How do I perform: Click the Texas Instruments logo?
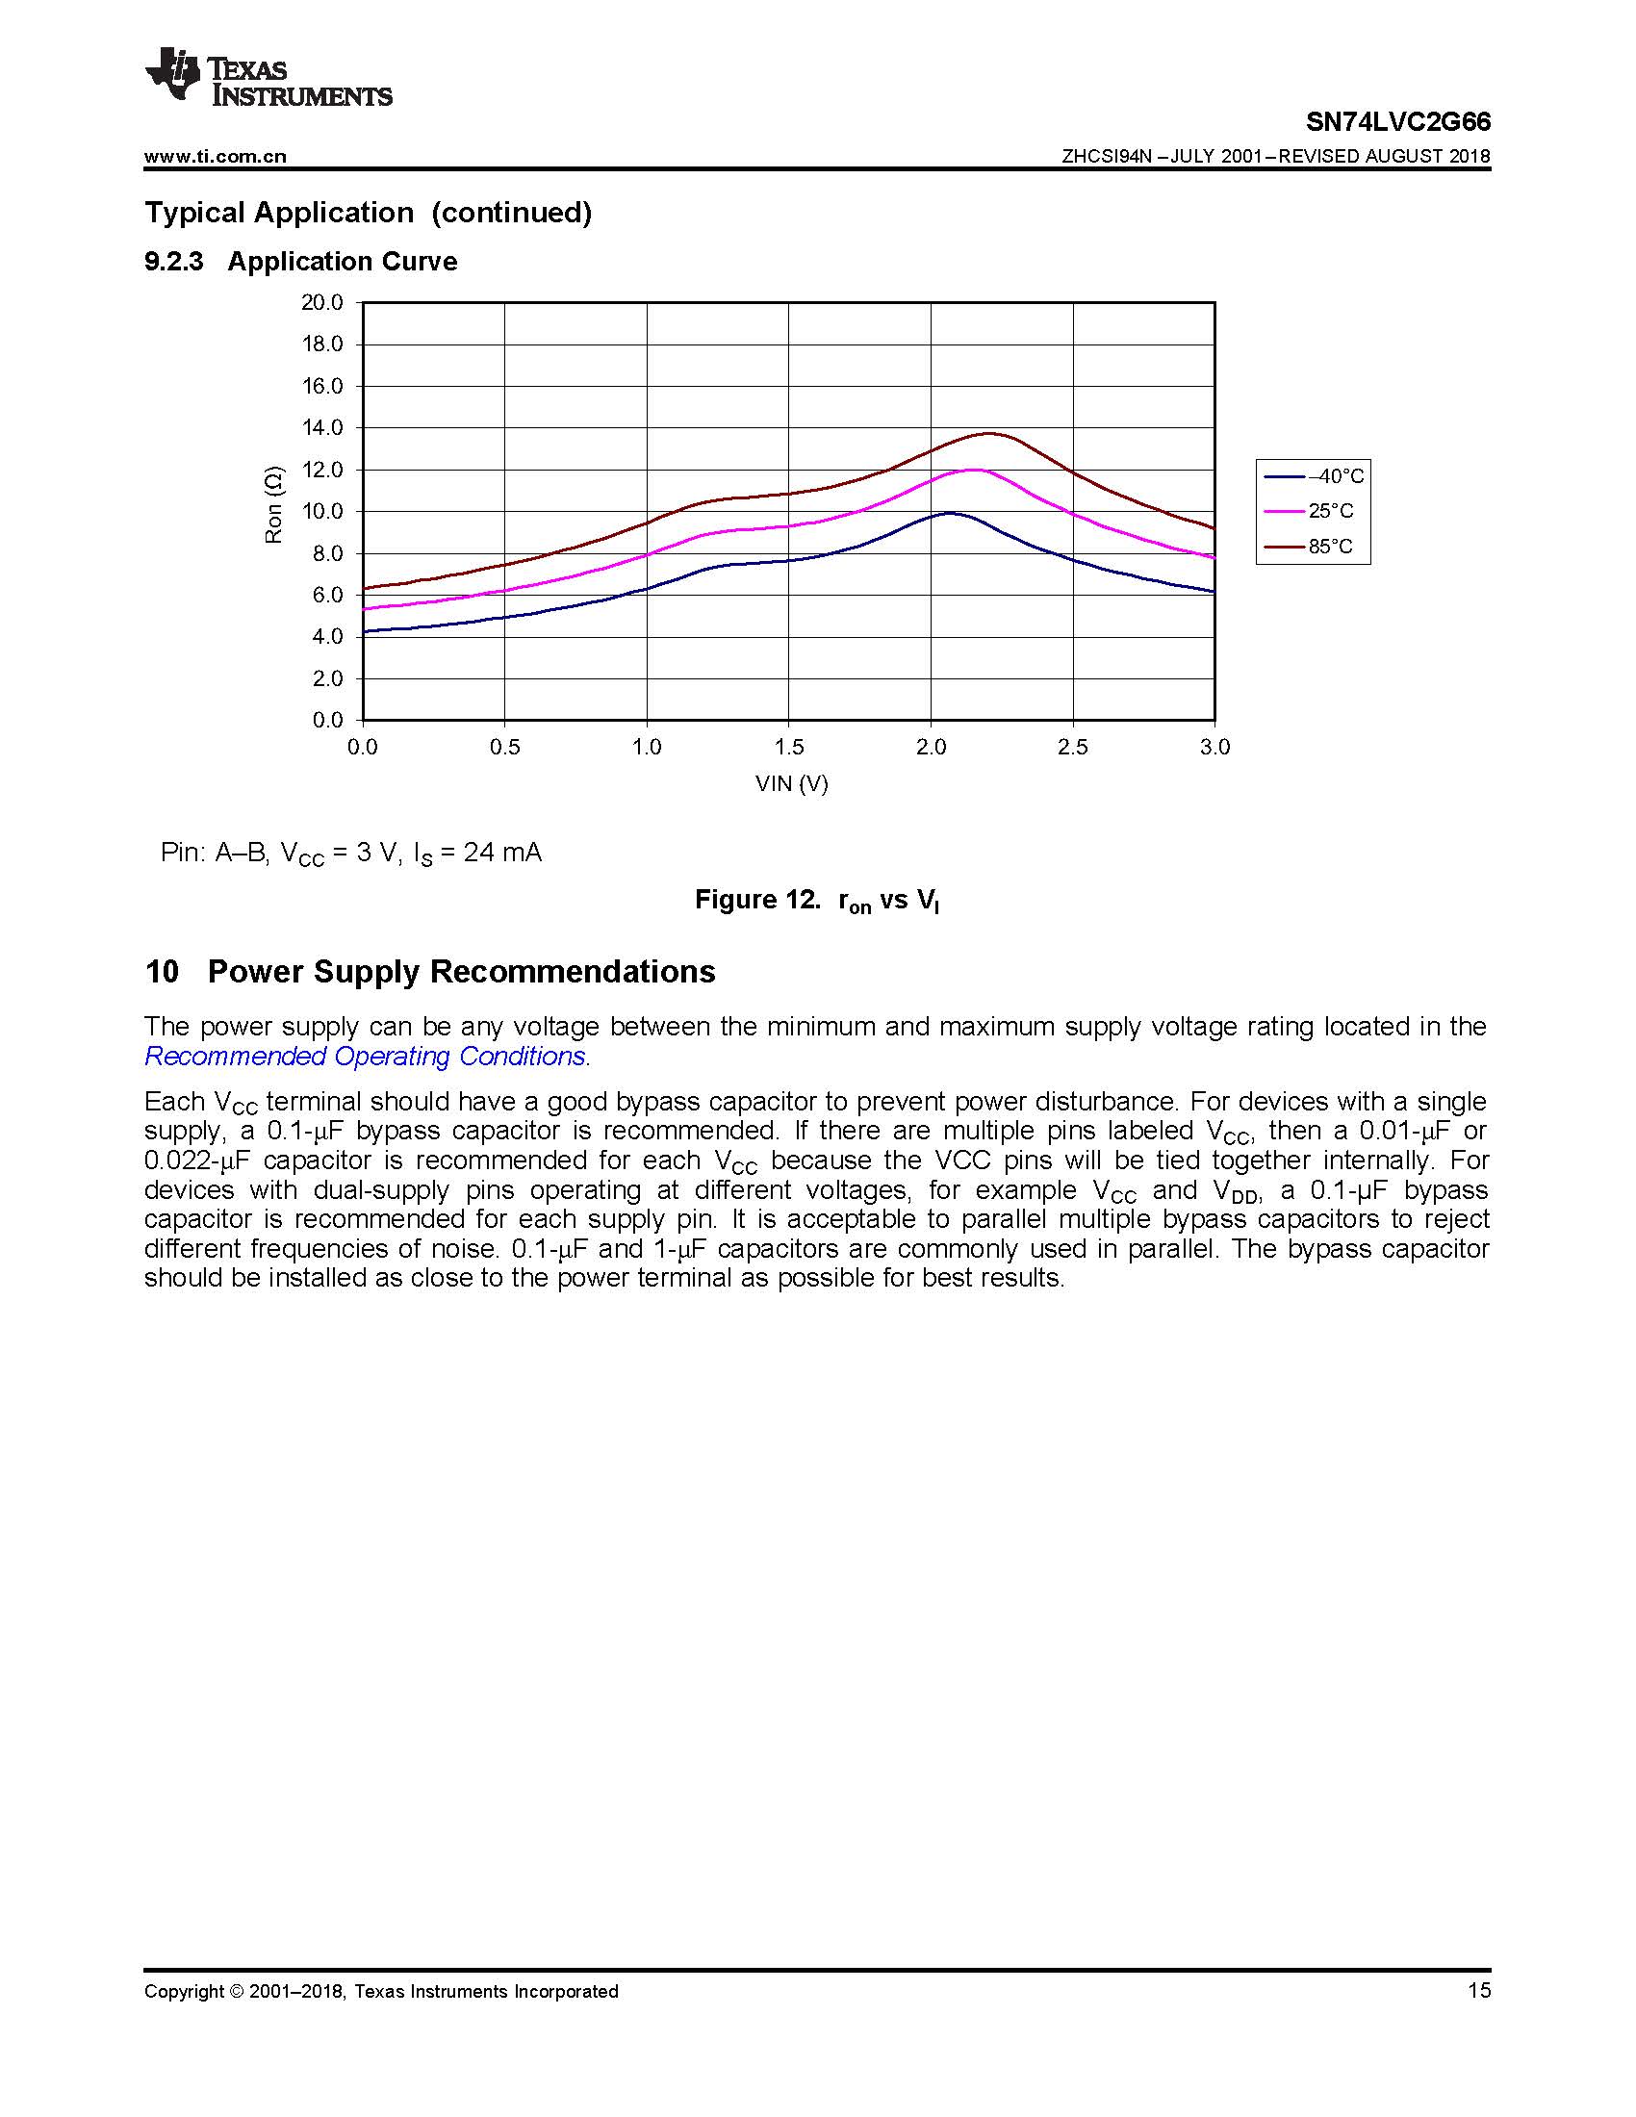click(x=268, y=75)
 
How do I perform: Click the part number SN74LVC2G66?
click(x=1397, y=122)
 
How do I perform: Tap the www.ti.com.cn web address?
click(x=216, y=156)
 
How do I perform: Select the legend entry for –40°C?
click(x=1316, y=476)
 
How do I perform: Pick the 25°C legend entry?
click(x=1316, y=511)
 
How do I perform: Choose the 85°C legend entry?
click(x=1316, y=547)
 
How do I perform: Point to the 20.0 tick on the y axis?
click(x=321, y=302)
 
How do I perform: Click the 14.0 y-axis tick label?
click(x=321, y=427)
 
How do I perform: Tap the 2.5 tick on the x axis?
click(x=1072, y=748)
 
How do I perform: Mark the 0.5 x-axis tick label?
click(x=504, y=748)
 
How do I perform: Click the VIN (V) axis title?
click(x=792, y=783)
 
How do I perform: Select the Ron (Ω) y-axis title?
click(x=274, y=504)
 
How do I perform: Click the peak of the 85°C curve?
click(x=989, y=433)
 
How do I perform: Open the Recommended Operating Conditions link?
click(x=366, y=1057)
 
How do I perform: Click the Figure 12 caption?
click(x=817, y=901)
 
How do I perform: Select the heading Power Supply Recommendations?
click(x=461, y=971)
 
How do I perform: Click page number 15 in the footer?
click(x=1479, y=1991)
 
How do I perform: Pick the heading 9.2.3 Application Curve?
click(x=300, y=262)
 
